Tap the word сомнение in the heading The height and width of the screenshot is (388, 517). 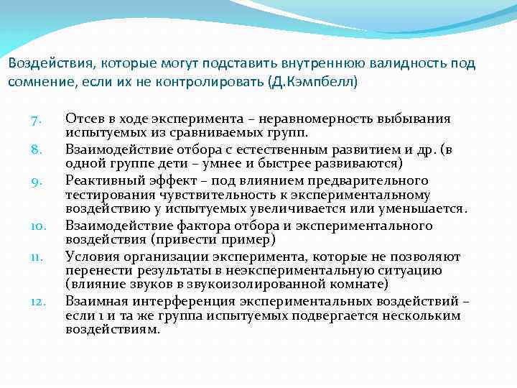(35, 81)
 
